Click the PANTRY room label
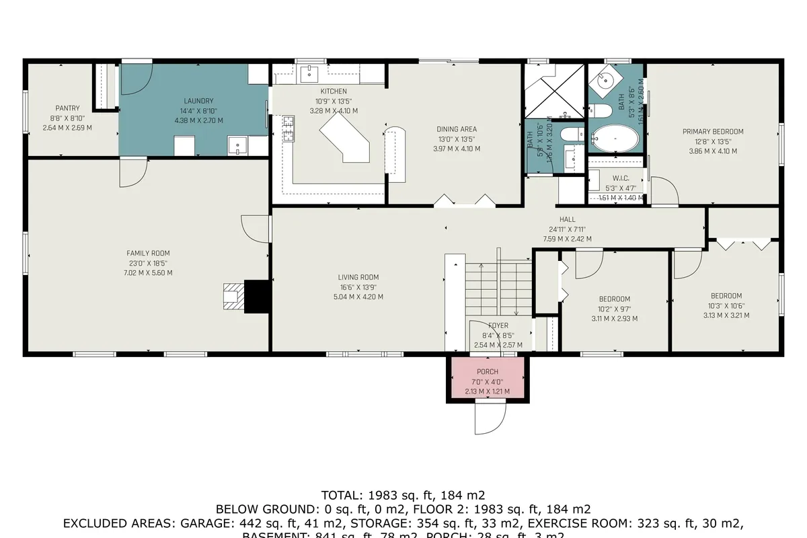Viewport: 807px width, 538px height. click(67, 108)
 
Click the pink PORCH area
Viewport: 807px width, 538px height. click(488, 380)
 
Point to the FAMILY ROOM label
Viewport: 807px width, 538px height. click(148, 254)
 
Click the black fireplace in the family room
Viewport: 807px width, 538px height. click(257, 296)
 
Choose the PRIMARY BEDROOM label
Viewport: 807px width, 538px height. click(713, 132)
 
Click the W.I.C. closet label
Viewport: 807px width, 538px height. click(620, 178)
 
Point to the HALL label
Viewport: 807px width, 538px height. click(568, 219)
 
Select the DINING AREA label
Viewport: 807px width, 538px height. click(457, 129)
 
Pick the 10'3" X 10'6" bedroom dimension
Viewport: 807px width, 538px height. click(726, 305)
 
